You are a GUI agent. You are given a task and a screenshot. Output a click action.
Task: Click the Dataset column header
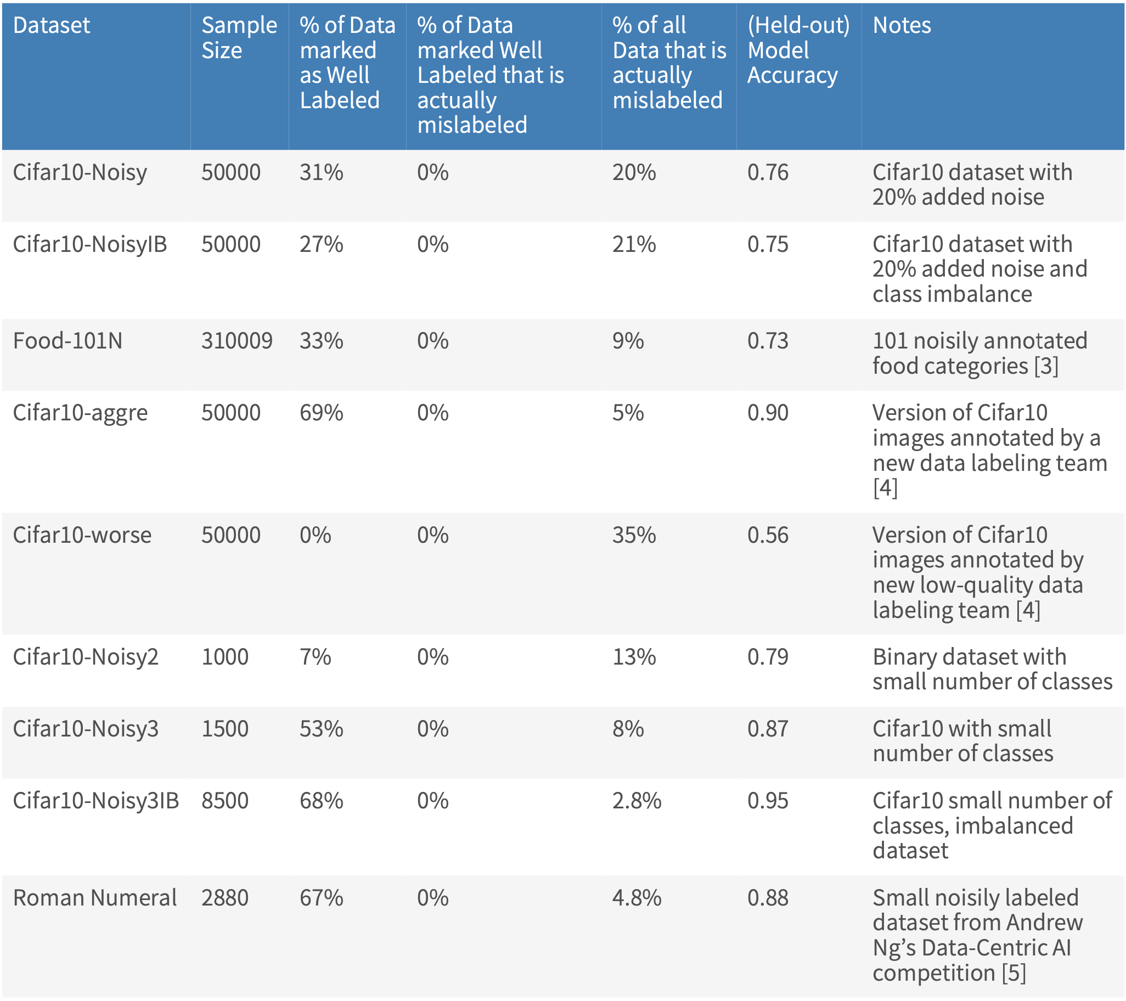51,25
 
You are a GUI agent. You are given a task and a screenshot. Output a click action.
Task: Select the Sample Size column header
239,37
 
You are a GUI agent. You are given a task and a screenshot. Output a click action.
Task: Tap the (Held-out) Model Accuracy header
798,50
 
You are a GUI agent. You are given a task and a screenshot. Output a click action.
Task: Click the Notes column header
901,25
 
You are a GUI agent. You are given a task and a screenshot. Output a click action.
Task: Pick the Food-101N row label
67,341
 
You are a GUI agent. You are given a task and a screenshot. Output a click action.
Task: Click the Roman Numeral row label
94,897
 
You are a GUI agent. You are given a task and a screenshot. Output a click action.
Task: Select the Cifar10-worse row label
82,535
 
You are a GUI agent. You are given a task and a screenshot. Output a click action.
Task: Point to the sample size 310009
237,341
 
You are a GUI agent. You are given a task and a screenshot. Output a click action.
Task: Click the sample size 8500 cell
225,801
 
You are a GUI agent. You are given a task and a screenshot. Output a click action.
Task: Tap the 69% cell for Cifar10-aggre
321,413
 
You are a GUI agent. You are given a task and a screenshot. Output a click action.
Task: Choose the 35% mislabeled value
634,535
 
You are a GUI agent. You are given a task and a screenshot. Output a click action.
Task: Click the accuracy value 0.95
767,801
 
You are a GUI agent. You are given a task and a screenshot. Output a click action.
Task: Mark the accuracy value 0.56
767,535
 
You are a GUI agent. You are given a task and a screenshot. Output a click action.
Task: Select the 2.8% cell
637,801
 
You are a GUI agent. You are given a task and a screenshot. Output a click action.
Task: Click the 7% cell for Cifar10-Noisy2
315,657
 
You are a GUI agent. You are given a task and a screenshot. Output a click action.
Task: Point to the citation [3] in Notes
1045,366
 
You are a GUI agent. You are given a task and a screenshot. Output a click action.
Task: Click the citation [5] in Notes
1013,973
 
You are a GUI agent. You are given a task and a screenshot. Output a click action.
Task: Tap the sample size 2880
225,897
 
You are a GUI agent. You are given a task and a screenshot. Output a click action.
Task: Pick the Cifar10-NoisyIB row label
89,244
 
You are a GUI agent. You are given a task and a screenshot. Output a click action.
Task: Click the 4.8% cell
637,897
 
